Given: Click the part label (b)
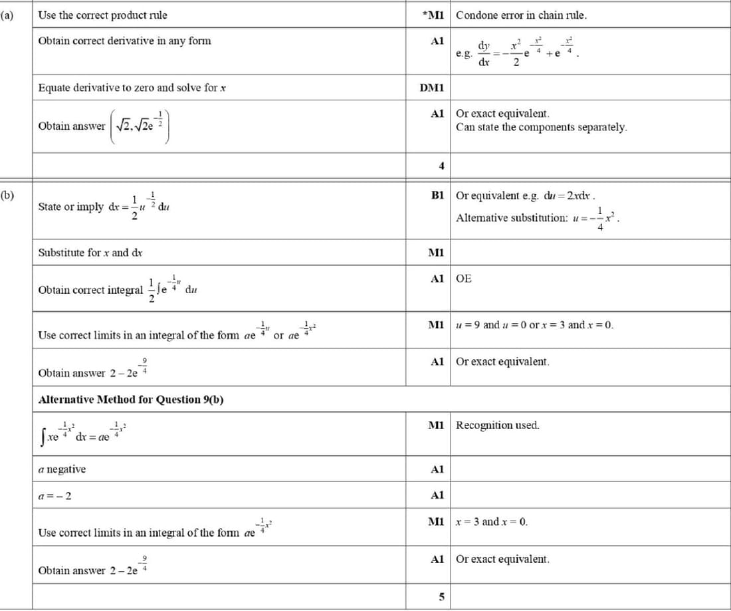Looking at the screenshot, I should pyautogui.click(x=8, y=195).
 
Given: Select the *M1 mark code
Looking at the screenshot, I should pyautogui.click(x=435, y=15).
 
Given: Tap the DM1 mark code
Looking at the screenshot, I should pyautogui.click(x=432, y=88).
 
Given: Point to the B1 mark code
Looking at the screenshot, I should pyautogui.click(x=437, y=195).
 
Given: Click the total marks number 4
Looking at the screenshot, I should pyautogui.click(x=441, y=166).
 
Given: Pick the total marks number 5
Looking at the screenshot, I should pyautogui.click(x=441, y=596).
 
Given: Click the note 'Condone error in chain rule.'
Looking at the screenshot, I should pyautogui.click(x=522, y=15).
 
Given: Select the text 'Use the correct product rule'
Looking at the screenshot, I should pyautogui.click(x=103, y=15).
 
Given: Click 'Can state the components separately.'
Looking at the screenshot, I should pyautogui.click(x=542, y=127).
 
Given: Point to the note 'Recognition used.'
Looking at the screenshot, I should pyautogui.click(x=498, y=425).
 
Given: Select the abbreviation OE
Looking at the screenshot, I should pyautogui.click(x=464, y=279).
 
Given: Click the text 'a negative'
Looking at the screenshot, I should pyautogui.click(x=62, y=469).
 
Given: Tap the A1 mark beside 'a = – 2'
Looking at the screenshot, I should pyautogui.click(x=437, y=495).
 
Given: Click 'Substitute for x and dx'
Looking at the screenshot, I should pyautogui.click(x=90, y=253).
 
